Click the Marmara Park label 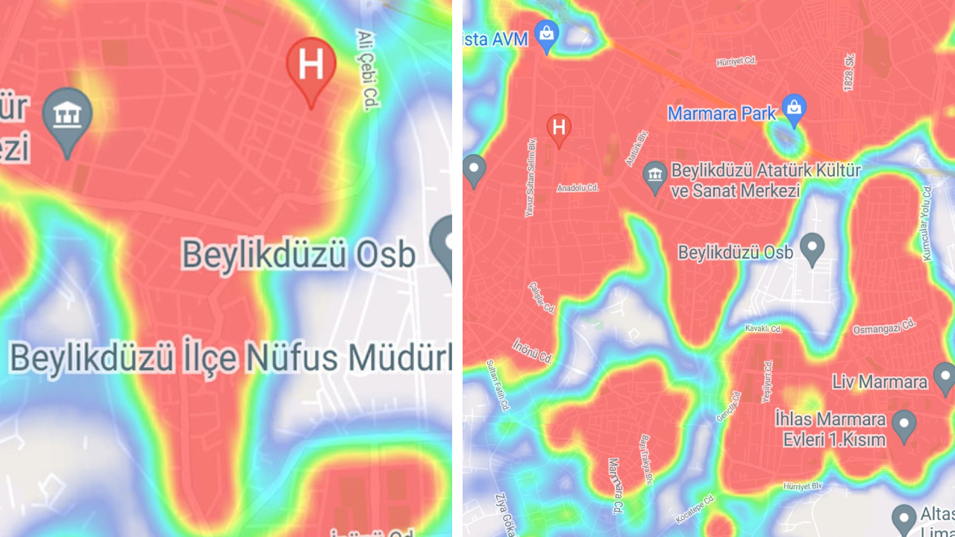click(721, 114)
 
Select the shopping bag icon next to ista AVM click(547, 34)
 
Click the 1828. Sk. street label click(849, 73)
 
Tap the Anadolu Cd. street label click(577, 188)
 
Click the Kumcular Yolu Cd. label click(927, 223)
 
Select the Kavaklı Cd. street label click(763, 328)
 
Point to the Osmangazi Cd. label click(884, 327)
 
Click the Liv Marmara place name click(880, 382)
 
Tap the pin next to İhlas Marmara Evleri click(904, 426)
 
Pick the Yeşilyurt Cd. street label click(766, 381)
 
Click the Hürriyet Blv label click(802, 486)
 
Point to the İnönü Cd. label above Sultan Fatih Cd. click(532, 351)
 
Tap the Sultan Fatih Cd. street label click(497, 385)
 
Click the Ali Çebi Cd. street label click(366, 70)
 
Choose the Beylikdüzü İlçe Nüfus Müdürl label click(230, 358)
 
